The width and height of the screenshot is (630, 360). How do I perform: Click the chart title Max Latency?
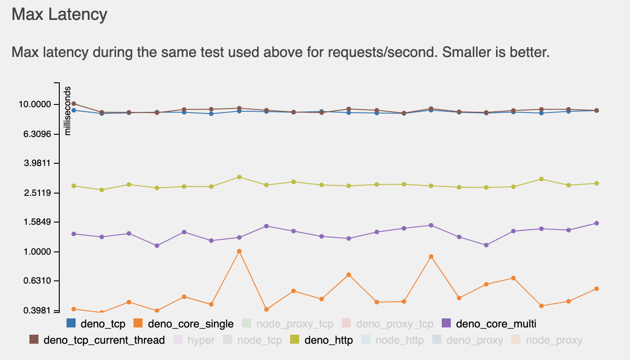tap(59, 14)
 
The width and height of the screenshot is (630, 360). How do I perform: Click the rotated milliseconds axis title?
tap(68, 111)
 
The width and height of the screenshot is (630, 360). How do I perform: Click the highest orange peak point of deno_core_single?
tap(239, 251)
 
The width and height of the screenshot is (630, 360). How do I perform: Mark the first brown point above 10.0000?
tap(74, 104)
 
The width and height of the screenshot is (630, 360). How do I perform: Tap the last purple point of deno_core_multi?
tap(597, 223)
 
